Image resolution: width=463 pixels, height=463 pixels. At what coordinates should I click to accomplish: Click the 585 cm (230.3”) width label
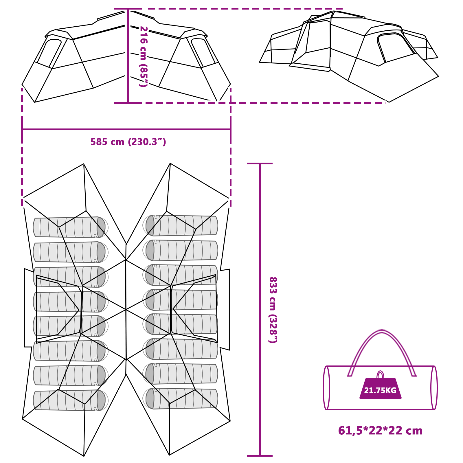[x=128, y=142]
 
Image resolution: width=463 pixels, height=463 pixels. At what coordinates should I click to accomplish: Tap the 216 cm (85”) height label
[x=144, y=56]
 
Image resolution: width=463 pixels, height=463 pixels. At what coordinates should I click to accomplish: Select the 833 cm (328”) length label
[x=273, y=310]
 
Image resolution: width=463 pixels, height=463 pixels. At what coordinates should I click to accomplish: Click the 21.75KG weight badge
[x=380, y=390]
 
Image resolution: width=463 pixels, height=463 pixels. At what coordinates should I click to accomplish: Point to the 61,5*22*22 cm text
[x=380, y=431]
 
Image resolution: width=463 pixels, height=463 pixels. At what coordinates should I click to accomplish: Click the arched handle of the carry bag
[x=382, y=333]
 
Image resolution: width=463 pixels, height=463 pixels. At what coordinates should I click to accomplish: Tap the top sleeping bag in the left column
[x=69, y=227]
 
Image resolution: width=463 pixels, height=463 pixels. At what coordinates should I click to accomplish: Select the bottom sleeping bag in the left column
[x=69, y=400]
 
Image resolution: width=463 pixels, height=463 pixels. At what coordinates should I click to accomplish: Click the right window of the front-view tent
[x=203, y=52]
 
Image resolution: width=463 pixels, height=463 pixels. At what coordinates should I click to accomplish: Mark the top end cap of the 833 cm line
[x=260, y=163]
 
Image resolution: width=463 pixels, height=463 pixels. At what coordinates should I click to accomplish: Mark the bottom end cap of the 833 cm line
[x=260, y=456]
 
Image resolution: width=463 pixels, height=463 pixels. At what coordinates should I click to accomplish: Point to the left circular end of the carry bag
[x=326, y=388]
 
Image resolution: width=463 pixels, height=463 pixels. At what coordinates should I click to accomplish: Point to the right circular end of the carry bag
[x=434, y=388]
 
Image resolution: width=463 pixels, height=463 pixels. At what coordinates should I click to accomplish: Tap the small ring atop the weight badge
[x=380, y=375]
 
